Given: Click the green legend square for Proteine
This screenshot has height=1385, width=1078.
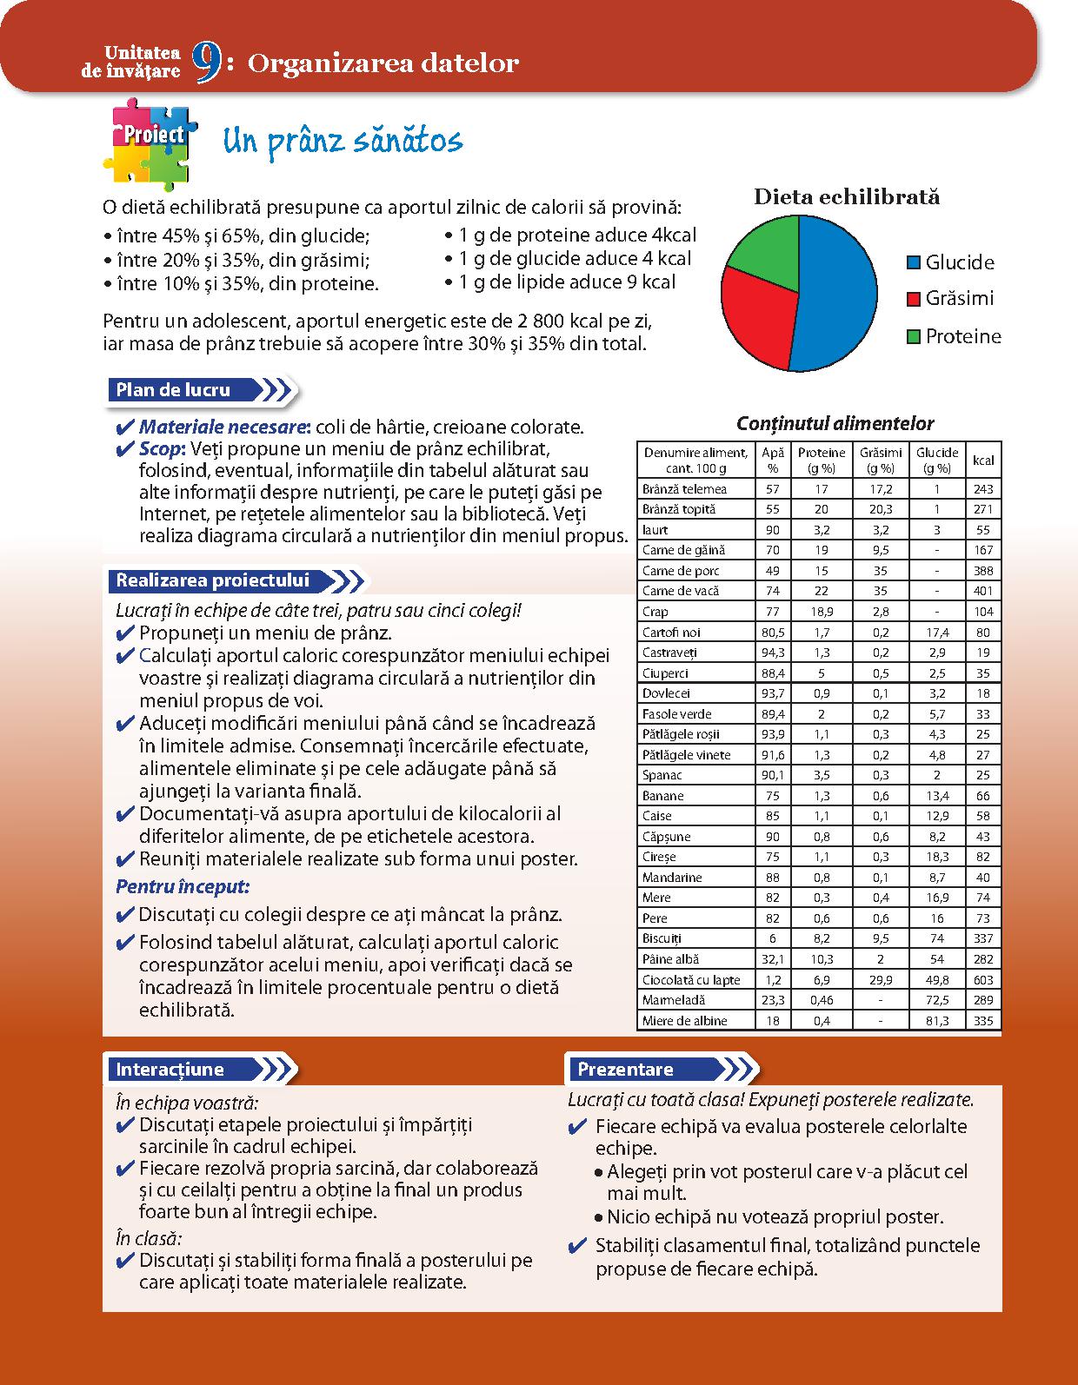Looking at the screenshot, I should click(913, 336).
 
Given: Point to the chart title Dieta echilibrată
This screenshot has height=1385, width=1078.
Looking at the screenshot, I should click(846, 196).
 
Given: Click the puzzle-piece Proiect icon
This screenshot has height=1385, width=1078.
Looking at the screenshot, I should click(150, 142).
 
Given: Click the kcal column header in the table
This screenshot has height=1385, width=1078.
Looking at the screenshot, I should click(983, 461).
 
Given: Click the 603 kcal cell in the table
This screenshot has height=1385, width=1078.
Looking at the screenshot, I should click(983, 980).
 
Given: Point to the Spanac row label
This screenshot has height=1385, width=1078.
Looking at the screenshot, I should click(662, 775).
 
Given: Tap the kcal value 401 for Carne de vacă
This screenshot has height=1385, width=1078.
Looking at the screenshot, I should click(983, 591).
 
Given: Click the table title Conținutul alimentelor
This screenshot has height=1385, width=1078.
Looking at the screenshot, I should click(835, 424).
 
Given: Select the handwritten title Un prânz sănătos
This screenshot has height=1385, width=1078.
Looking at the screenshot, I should click(343, 142).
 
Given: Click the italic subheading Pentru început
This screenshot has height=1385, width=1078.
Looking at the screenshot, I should click(183, 887).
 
